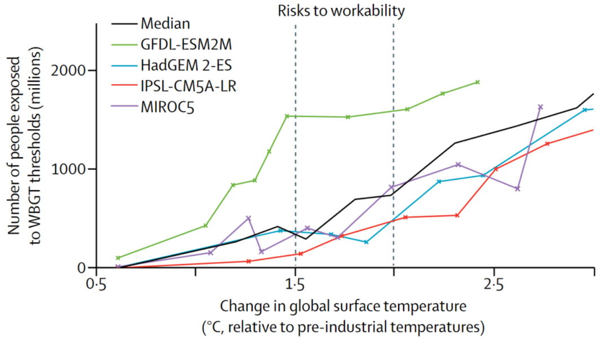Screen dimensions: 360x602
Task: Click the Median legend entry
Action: point(165,24)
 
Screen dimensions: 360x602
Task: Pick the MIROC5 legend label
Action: point(168,107)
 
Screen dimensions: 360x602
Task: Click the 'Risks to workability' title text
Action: point(342,10)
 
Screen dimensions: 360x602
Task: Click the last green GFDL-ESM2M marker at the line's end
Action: point(477,82)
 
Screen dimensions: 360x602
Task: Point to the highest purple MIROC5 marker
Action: point(540,107)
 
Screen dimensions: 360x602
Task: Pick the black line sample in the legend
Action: point(125,24)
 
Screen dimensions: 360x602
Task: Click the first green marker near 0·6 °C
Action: point(118,258)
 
